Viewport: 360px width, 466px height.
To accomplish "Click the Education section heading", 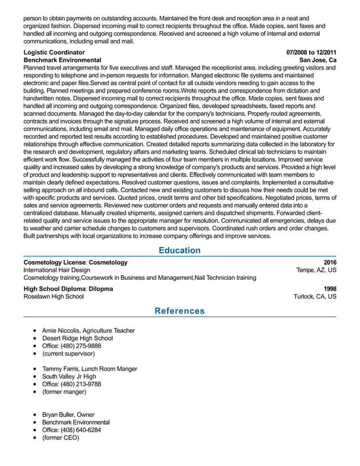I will tap(179, 250).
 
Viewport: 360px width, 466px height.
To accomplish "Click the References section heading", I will tap(179, 311).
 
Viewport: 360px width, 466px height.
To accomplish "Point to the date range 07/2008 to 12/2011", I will tap(311, 52).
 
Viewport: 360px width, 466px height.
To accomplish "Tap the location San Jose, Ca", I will tap(318, 60).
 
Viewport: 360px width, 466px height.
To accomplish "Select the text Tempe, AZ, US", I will tap(317, 270).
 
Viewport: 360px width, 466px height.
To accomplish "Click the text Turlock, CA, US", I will tap(315, 297).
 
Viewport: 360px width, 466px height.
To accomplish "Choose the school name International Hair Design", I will tap(57, 270).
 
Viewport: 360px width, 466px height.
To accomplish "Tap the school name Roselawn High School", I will tap(54, 297).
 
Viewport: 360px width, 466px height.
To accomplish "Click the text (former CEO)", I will tap(61, 437).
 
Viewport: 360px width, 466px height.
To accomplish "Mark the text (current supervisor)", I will tap(69, 354).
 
